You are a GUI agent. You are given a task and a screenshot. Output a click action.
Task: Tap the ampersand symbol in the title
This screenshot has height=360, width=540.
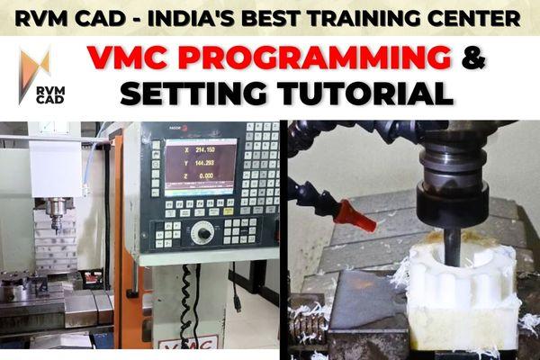(472, 59)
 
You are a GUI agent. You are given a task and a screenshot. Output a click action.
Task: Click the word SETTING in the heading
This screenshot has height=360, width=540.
(193, 93)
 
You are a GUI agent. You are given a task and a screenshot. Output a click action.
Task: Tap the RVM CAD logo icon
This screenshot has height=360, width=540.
(35, 63)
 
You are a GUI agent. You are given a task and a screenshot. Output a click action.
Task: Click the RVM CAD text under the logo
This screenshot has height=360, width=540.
(35, 97)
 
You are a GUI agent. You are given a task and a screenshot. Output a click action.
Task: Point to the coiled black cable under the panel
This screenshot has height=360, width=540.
(187, 297)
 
